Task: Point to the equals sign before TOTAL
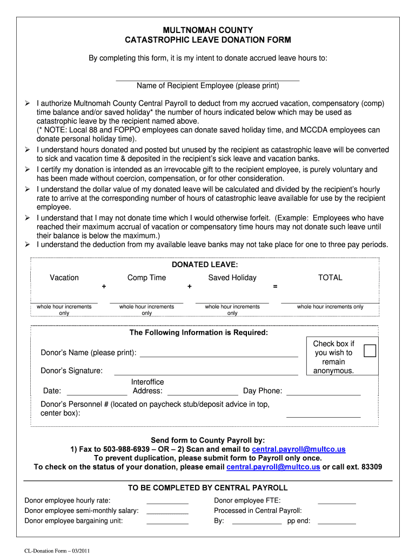276,286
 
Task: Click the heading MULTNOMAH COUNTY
208,30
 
